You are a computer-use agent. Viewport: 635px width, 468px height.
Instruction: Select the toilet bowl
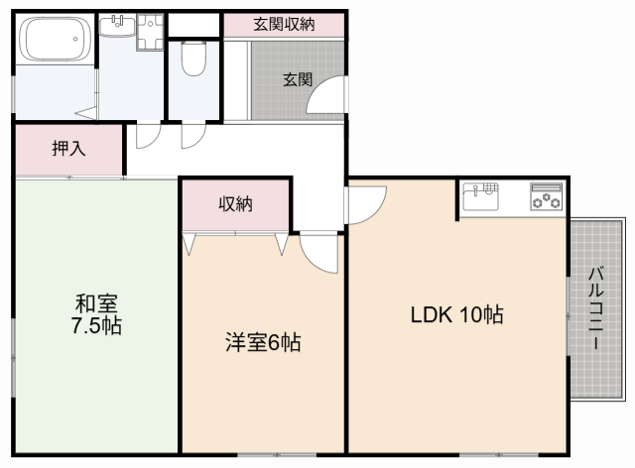pos(194,57)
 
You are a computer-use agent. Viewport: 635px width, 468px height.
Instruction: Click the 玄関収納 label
pos(283,24)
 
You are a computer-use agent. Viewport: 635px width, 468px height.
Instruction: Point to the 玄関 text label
pos(298,80)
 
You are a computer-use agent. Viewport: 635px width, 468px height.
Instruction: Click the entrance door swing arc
pos(324,99)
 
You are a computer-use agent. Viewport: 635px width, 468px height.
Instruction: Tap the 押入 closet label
pos(68,150)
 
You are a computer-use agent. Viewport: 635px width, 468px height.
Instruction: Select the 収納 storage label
pos(235,204)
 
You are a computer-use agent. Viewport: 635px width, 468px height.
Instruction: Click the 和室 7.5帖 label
pos(96,313)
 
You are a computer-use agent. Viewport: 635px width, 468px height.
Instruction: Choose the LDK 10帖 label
pos(457,316)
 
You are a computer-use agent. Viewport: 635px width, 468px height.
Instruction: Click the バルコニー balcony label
pos(595,308)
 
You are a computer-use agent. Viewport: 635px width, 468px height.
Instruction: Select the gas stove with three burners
pos(545,196)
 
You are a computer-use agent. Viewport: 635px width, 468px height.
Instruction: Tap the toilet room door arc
pos(190,137)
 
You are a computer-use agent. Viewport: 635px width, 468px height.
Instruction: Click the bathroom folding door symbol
pos(87,112)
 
